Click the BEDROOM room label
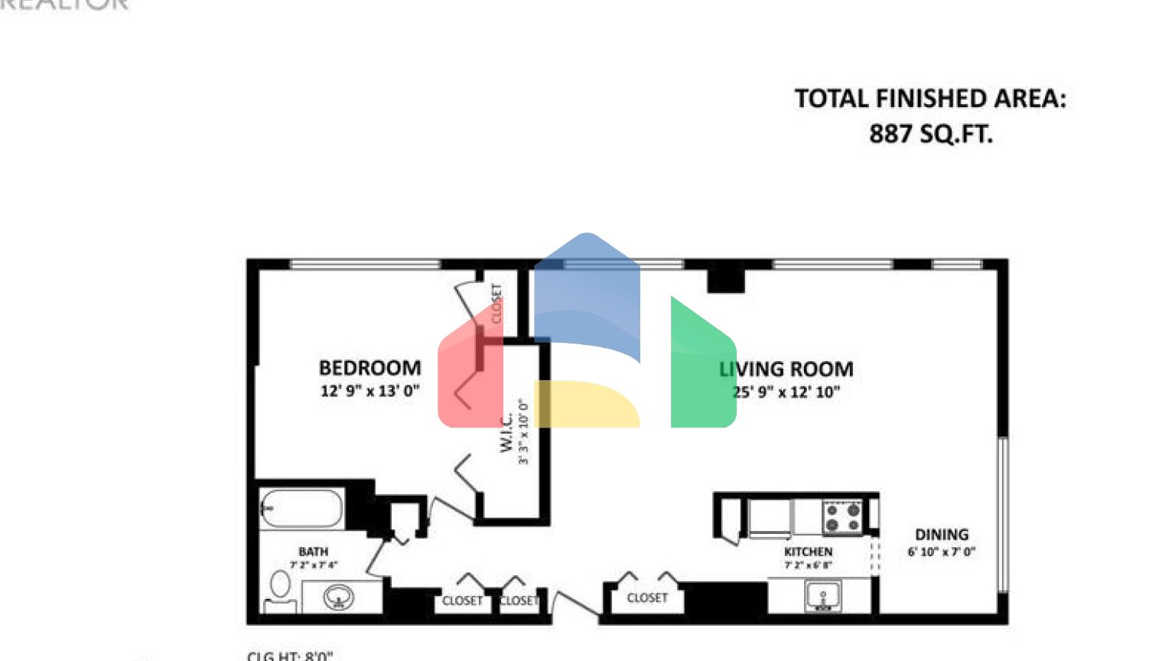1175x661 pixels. pos(369,368)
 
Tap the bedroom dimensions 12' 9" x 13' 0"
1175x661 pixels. pos(369,391)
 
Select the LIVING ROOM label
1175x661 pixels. pos(786,370)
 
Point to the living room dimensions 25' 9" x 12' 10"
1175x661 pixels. pos(786,392)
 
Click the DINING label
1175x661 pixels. pos(942,535)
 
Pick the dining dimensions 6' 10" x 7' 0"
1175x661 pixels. pos(942,552)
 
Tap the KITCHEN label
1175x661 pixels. pos(808,552)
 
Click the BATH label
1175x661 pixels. pos(313,552)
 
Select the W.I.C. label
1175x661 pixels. pos(506,432)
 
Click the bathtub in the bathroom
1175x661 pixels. pos(301,508)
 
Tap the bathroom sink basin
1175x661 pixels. pos(338,596)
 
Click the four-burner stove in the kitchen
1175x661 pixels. pos(842,517)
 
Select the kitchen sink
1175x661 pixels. pos(823,596)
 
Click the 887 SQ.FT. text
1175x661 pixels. pos(930,134)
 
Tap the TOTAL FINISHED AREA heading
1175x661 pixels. pos(930,99)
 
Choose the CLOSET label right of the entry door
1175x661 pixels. pos(647,598)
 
